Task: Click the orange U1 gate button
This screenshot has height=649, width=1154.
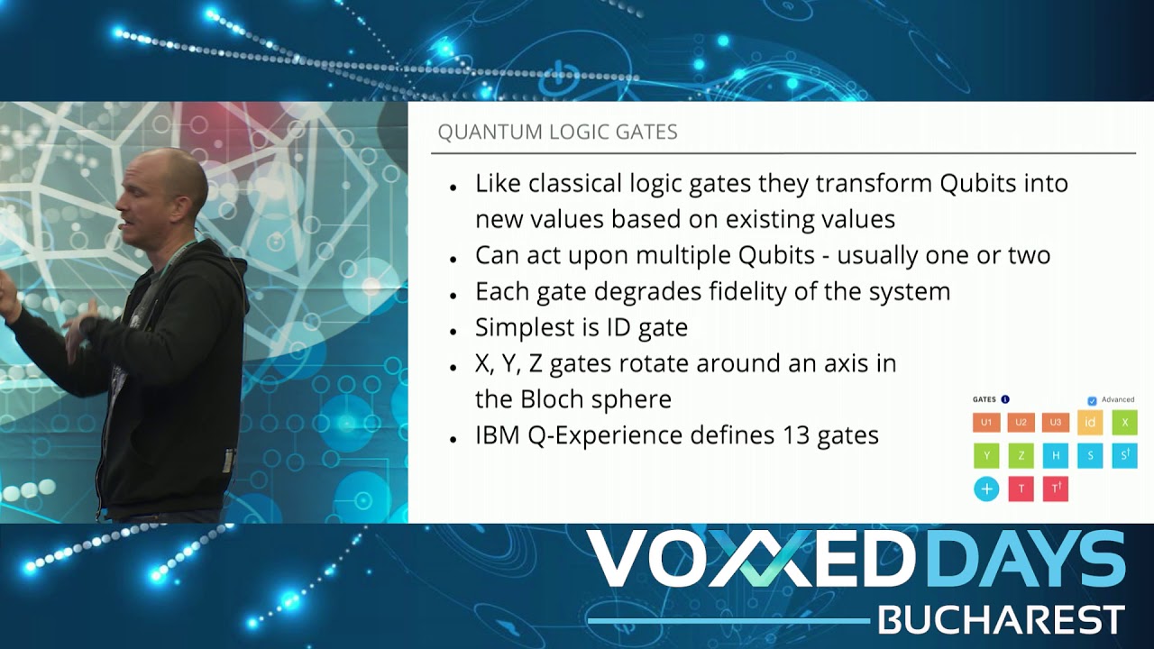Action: point(986,422)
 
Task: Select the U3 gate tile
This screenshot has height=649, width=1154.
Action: point(1055,422)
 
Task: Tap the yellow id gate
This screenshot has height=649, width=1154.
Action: point(1090,422)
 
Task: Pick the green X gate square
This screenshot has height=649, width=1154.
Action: point(1124,422)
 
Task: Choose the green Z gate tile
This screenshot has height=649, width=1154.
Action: point(1021,455)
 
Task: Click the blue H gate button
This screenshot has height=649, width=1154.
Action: point(1055,455)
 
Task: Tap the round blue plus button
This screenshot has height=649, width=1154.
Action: point(986,489)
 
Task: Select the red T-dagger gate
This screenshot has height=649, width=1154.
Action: point(1055,489)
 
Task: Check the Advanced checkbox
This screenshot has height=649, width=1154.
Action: point(1092,400)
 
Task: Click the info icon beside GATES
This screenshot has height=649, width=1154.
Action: point(1005,399)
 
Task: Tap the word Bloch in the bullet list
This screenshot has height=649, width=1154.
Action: point(554,398)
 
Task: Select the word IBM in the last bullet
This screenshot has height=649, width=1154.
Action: point(498,435)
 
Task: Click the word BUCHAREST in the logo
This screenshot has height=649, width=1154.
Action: point(1001,620)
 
